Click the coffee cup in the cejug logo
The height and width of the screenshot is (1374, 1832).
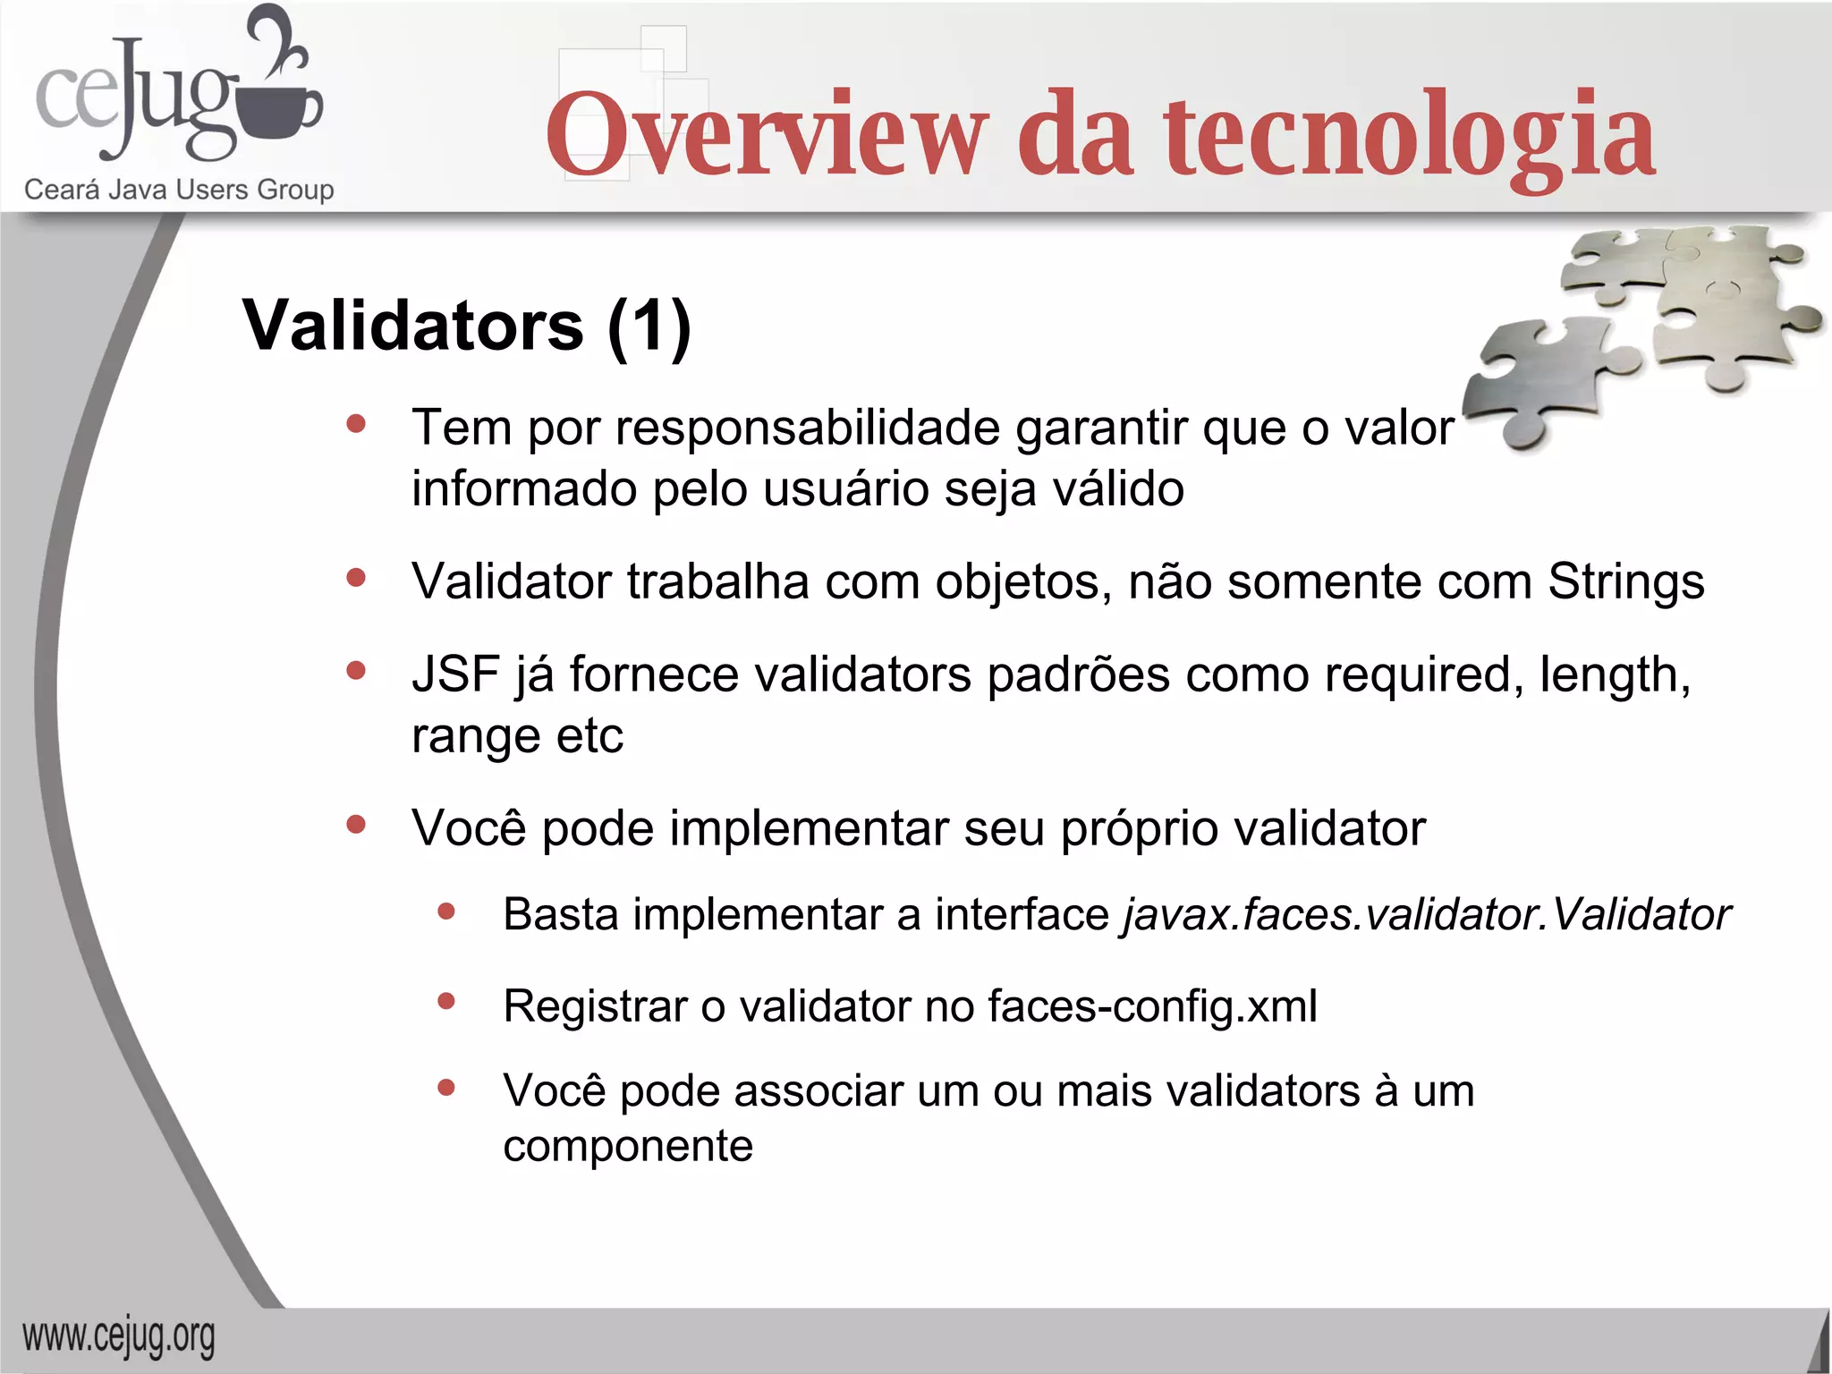[x=284, y=112]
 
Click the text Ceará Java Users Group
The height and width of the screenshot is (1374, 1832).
[x=179, y=190]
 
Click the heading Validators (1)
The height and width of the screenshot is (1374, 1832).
[x=466, y=325]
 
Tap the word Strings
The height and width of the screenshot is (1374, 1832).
[x=1625, y=581]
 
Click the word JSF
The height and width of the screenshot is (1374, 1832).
[x=454, y=674]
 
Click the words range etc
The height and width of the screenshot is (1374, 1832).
[x=516, y=736]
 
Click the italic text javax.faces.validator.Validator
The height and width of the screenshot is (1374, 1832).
[x=1427, y=915]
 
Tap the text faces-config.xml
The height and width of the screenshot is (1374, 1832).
[x=1152, y=1006]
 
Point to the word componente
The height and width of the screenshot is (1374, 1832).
[x=628, y=1147]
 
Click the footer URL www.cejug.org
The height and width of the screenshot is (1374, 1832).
[x=119, y=1337]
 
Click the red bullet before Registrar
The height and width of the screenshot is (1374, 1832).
[x=446, y=1002]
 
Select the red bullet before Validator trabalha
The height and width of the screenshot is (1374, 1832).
[x=356, y=578]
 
